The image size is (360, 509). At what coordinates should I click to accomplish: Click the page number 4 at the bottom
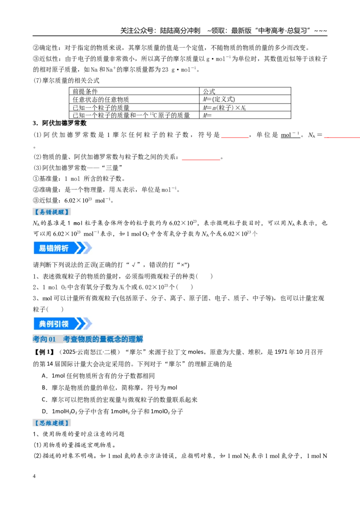click(34, 476)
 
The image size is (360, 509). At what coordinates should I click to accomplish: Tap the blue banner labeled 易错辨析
click(63, 248)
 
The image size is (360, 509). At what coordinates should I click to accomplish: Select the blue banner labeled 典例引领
click(63, 324)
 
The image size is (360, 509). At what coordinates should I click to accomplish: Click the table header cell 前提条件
click(85, 91)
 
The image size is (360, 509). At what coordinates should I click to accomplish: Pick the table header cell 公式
click(209, 91)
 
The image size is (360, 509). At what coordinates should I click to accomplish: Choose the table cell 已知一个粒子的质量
click(101, 107)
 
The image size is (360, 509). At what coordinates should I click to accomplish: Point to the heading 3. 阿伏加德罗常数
click(60, 123)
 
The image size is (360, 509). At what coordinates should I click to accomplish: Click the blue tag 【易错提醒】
click(52, 212)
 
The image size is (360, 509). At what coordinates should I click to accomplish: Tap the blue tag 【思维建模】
click(52, 423)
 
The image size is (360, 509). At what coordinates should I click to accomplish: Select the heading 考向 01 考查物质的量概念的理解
click(88, 339)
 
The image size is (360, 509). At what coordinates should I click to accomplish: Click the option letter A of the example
click(44, 376)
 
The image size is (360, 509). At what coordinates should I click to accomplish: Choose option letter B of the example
click(44, 388)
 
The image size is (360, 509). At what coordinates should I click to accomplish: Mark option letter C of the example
click(44, 400)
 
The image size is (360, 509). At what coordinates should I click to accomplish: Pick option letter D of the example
click(44, 411)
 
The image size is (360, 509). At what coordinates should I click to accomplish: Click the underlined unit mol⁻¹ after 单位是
click(290, 135)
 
